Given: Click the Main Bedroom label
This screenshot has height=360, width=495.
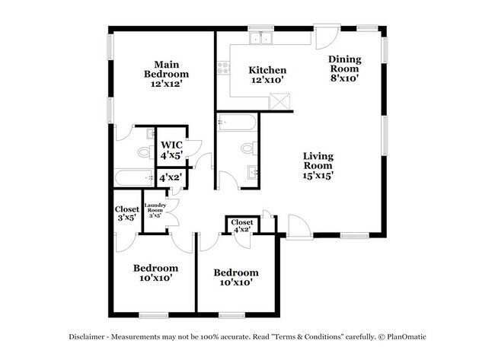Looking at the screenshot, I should click(166, 74).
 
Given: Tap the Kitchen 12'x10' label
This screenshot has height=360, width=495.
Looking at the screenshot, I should click(267, 74).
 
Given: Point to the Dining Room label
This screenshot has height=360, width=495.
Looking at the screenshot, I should click(343, 68).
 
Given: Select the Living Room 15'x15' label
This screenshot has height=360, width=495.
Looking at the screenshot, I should click(318, 165).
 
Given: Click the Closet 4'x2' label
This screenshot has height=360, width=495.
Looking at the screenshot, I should click(242, 225).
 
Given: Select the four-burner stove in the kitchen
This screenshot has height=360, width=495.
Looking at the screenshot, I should click(223, 70).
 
